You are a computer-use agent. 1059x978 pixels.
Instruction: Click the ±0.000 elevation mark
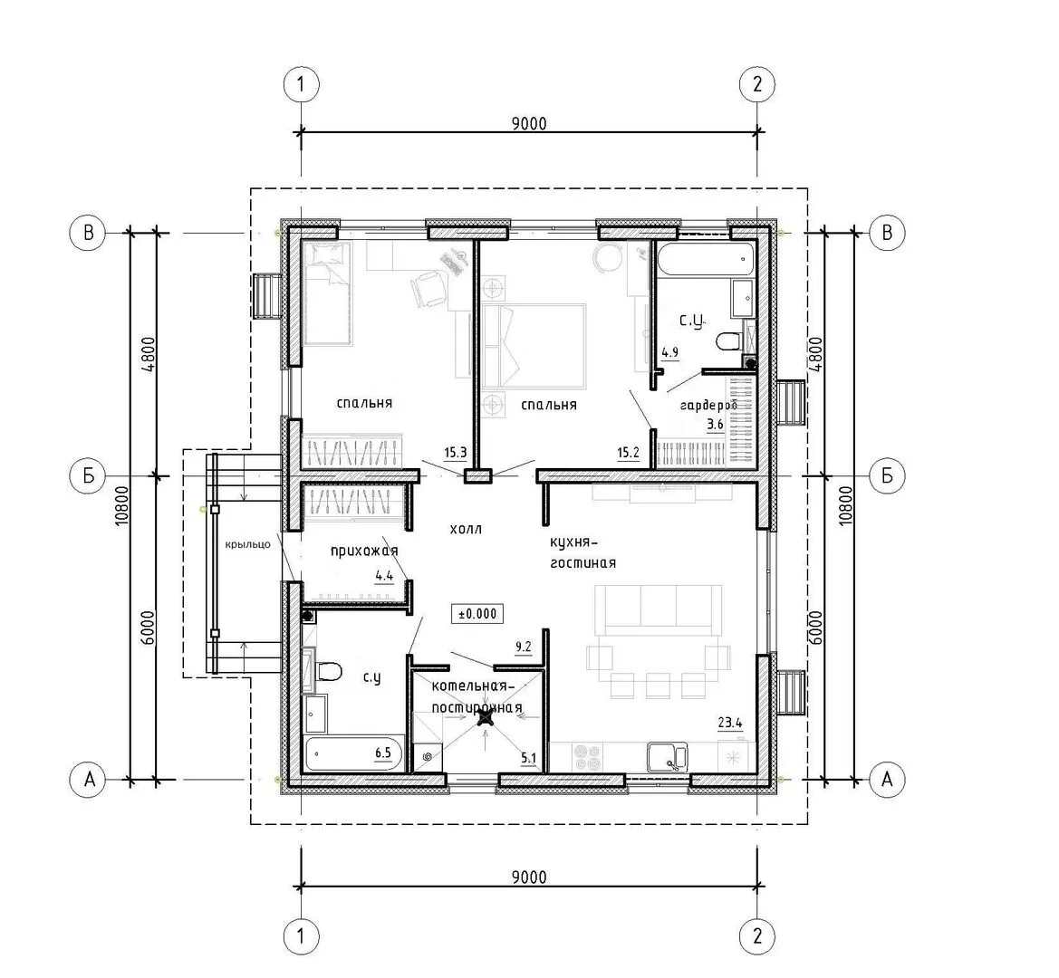click(x=477, y=614)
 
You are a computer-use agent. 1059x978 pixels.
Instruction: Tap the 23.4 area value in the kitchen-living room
click(x=730, y=723)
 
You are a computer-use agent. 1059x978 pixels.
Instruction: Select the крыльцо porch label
click(x=248, y=544)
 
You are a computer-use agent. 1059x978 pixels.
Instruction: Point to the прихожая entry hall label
click(x=364, y=551)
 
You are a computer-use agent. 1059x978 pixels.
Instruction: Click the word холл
click(x=466, y=529)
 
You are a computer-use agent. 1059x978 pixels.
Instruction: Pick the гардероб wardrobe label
click(x=708, y=405)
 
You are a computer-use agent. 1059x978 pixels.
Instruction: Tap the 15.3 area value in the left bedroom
click(x=455, y=452)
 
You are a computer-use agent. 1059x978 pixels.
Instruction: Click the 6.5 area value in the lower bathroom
click(x=383, y=753)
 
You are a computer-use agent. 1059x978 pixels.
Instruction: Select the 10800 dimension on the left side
click(x=120, y=506)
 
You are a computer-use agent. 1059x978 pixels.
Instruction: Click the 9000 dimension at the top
click(x=529, y=123)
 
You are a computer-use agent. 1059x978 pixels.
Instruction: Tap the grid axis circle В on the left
click(x=89, y=233)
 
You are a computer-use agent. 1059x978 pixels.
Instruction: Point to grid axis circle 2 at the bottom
click(x=757, y=936)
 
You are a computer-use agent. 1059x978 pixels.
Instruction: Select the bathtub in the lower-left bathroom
click(x=355, y=754)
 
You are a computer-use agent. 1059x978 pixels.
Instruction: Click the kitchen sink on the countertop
click(x=668, y=757)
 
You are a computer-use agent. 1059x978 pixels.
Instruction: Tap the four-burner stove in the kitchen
click(x=587, y=757)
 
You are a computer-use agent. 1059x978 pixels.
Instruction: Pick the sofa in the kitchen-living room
click(x=659, y=609)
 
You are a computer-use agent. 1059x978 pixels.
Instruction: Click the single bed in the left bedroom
click(x=328, y=294)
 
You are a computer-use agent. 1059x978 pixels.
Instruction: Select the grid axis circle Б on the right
click(x=887, y=475)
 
